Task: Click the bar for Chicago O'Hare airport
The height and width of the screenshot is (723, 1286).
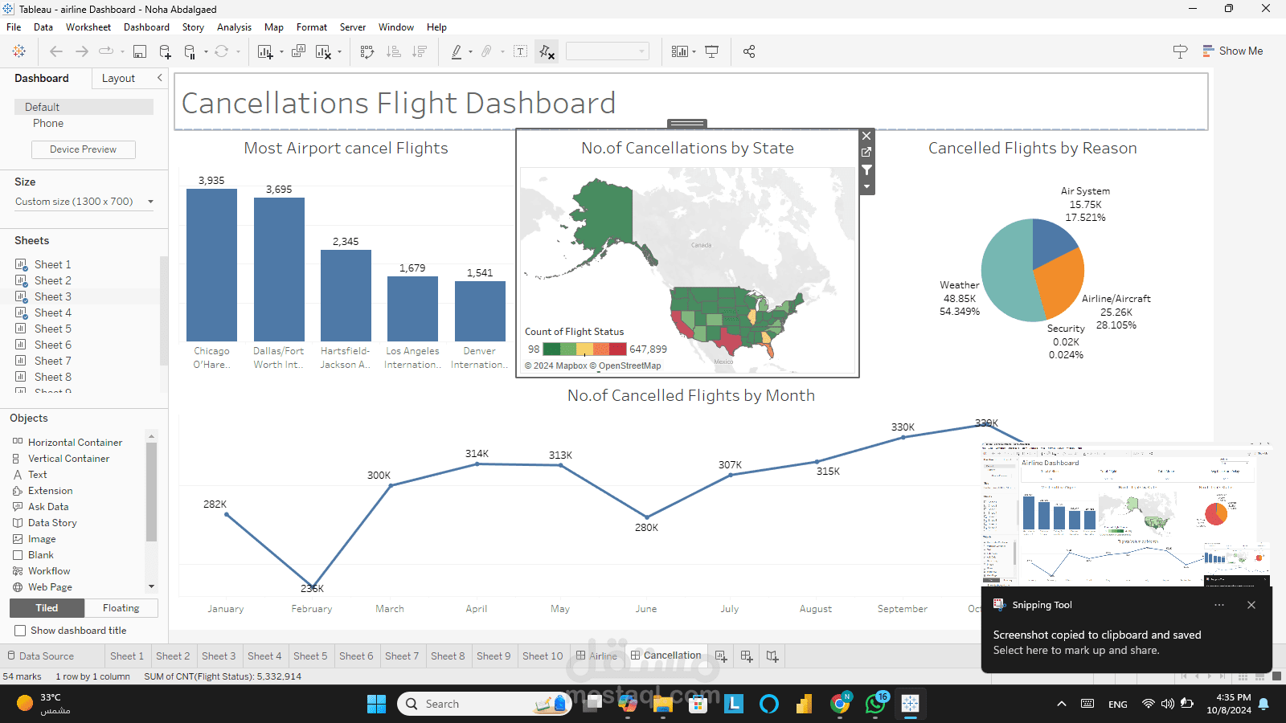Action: [211, 265]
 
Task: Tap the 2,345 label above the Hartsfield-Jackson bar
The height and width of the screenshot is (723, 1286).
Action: [346, 241]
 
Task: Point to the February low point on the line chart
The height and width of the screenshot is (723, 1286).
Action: [312, 586]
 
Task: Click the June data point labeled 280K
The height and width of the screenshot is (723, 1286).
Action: [647, 517]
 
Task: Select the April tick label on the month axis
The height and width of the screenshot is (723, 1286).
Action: [477, 609]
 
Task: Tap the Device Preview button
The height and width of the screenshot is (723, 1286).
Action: [84, 149]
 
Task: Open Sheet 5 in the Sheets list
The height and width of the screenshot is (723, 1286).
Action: [52, 329]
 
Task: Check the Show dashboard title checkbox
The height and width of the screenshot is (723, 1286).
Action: [20, 631]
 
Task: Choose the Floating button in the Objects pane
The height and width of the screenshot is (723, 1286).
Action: [121, 608]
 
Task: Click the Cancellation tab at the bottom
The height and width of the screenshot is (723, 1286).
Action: [672, 656]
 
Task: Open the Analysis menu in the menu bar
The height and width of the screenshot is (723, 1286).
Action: [234, 27]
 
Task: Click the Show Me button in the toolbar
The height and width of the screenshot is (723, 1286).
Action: [1233, 51]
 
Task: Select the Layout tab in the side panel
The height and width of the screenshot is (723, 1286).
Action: [118, 78]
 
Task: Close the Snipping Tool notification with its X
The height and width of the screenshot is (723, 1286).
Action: [1251, 605]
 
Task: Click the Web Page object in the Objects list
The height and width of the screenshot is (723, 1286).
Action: [50, 587]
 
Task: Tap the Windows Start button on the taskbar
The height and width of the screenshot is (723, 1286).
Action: [376, 704]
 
